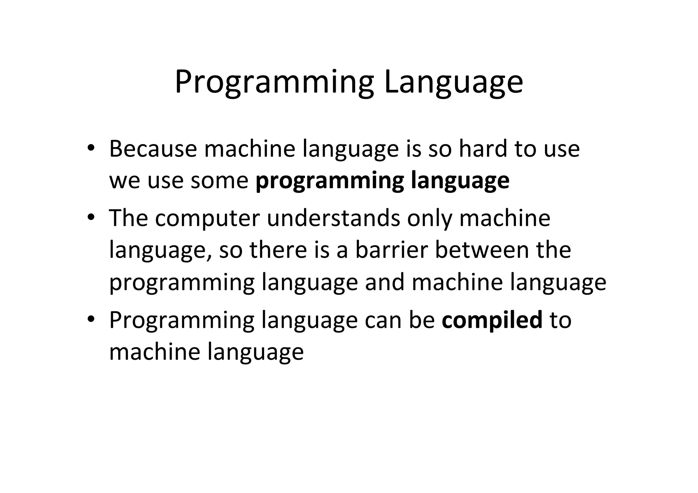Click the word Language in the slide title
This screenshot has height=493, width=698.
(x=453, y=83)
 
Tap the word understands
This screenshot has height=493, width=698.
(x=334, y=218)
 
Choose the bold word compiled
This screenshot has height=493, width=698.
(x=492, y=320)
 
